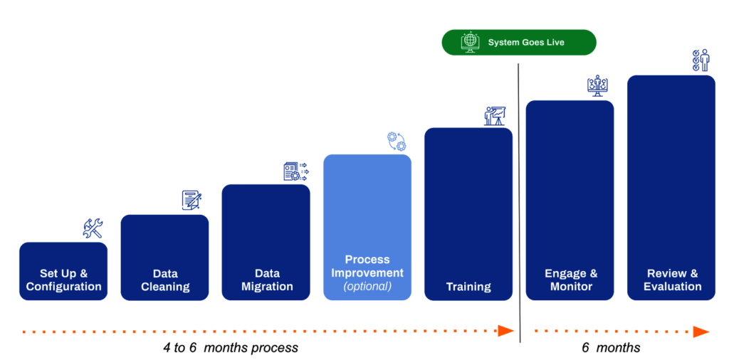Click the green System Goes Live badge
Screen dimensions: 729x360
click(518, 42)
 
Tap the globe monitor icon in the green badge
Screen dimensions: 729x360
click(470, 42)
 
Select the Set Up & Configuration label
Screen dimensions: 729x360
click(63, 280)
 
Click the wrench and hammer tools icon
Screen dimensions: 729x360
click(93, 228)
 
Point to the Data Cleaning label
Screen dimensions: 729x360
click(165, 280)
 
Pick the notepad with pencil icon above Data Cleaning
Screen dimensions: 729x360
click(192, 200)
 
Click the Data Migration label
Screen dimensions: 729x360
click(266, 280)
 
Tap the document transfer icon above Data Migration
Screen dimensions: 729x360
click(296, 171)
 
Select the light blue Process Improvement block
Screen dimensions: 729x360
click(367, 227)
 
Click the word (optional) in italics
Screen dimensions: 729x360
click(367, 286)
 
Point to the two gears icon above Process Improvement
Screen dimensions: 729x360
click(397, 141)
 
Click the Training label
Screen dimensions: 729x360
click(468, 287)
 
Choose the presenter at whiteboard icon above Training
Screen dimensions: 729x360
click(495, 116)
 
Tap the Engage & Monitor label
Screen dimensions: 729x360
click(571, 280)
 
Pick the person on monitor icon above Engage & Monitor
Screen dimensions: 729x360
click(597, 85)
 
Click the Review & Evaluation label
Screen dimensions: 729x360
click(672, 280)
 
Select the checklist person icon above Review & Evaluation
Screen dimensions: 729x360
click(701, 60)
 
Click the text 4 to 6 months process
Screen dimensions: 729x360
click(230, 347)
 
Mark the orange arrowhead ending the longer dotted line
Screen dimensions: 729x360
click(506, 332)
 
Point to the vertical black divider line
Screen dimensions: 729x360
click(519, 203)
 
